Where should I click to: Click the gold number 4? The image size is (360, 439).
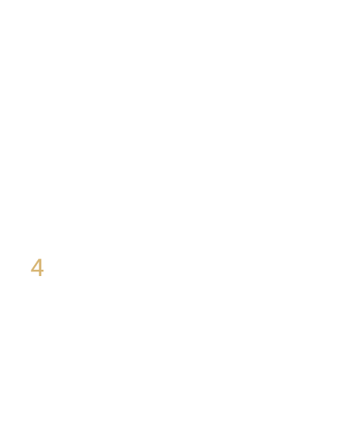tap(37, 267)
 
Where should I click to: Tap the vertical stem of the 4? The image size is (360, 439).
tap(40, 267)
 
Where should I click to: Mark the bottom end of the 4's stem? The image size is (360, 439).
tap(40, 276)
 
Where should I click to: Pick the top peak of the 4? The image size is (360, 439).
tap(40, 259)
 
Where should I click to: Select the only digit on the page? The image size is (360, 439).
tap(37, 267)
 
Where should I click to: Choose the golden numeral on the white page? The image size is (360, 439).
tap(37, 267)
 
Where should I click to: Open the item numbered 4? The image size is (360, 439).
tap(37, 267)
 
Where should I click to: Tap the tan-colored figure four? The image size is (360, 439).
tap(37, 267)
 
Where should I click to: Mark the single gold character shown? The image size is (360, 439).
tap(37, 267)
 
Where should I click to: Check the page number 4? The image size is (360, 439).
tap(37, 267)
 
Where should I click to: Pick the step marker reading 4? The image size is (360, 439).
tap(37, 267)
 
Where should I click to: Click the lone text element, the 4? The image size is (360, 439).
tap(37, 267)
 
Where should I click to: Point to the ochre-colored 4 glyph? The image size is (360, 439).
tap(37, 267)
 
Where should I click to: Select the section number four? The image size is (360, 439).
tap(37, 267)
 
